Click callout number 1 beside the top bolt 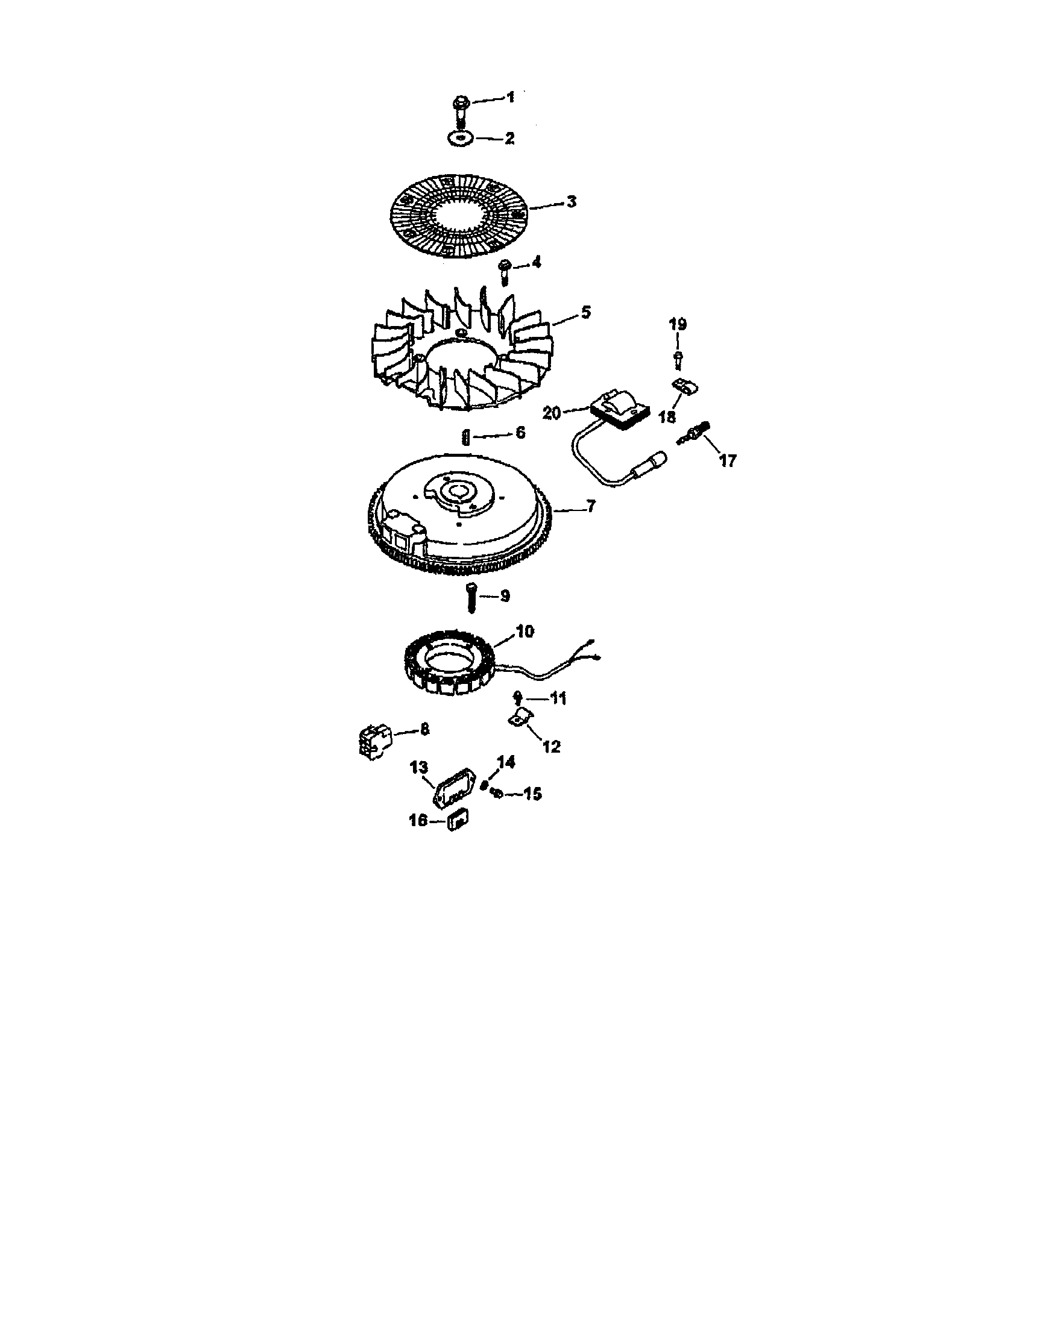[510, 97]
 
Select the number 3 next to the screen [572, 201]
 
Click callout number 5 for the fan [586, 312]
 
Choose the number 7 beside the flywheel [591, 506]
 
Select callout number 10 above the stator [525, 631]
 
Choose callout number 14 [506, 762]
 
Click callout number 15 [532, 794]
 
